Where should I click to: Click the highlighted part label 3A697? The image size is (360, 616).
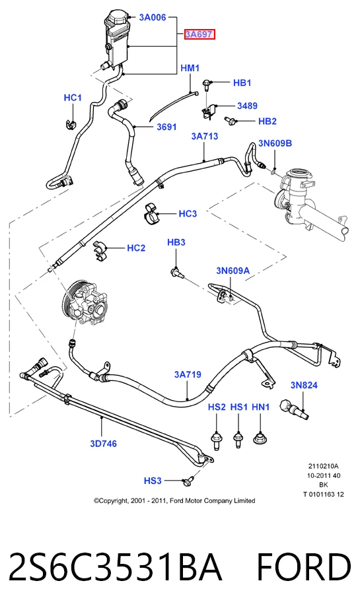(x=199, y=34)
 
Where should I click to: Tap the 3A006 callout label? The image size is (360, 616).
(x=153, y=17)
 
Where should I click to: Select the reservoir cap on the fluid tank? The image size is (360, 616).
(x=118, y=18)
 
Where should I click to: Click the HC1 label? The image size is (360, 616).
(x=73, y=98)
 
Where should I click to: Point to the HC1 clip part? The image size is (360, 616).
(x=71, y=123)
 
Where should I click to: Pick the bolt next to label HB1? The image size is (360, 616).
(x=207, y=84)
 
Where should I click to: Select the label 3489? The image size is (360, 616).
(x=247, y=106)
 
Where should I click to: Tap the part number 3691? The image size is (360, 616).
(x=166, y=127)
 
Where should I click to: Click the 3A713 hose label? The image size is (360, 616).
(x=204, y=136)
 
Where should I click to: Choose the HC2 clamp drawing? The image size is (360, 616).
(x=100, y=251)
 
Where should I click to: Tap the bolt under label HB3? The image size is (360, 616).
(x=176, y=271)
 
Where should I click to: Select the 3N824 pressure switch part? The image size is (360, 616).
(x=293, y=409)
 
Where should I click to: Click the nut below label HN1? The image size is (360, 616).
(x=260, y=438)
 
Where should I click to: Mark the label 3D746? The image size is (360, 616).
(x=103, y=444)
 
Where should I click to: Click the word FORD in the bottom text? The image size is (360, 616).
(x=304, y=567)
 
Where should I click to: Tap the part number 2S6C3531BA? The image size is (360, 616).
(x=114, y=567)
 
